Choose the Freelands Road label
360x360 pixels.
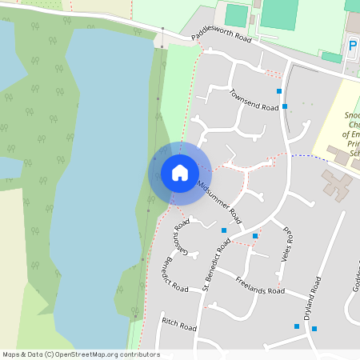tap(260, 285)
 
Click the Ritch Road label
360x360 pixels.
tap(178, 324)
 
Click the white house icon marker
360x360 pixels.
tap(179, 172)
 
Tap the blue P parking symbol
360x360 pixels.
tap(353, 47)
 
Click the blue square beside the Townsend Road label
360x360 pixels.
tap(285, 106)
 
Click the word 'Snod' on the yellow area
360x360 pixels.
tap(352, 115)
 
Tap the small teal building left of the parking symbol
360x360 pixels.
tap(331, 57)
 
